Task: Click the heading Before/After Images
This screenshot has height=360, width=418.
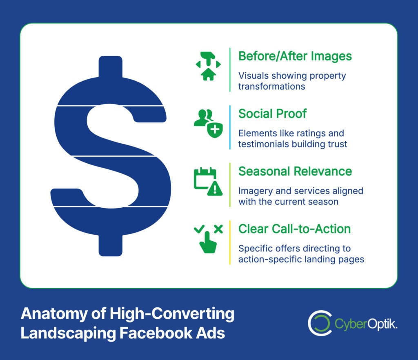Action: (295, 56)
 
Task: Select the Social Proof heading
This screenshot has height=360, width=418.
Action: (272, 113)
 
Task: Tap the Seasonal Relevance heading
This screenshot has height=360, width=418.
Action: (295, 171)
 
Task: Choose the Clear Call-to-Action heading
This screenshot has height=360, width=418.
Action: (294, 229)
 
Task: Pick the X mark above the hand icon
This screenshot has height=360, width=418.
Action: (218, 229)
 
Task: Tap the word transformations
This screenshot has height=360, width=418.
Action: (271, 87)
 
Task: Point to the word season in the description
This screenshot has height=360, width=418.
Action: (325, 201)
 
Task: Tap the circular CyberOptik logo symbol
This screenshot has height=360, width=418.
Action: (319, 324)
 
